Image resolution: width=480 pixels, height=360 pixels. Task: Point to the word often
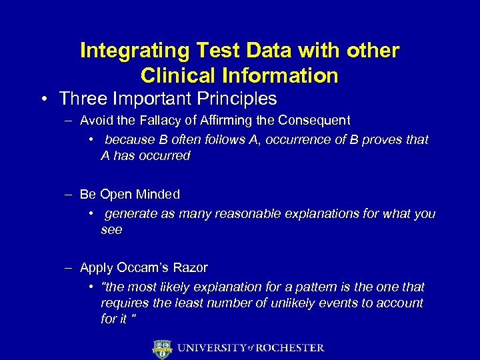pos(190,140)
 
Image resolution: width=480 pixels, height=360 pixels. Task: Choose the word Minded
pos(157,194)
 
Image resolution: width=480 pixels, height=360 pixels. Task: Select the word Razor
pos(191,267)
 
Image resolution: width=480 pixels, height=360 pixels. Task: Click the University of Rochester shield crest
pos(163,348)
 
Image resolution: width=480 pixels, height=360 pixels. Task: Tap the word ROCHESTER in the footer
pos(289,348)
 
